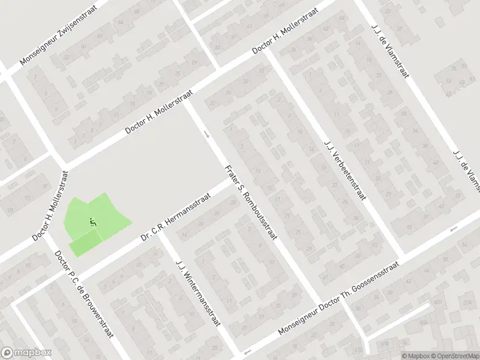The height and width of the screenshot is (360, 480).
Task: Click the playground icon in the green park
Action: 92,222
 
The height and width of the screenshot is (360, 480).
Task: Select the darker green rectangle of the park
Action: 86,244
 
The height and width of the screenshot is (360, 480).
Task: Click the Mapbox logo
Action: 26,353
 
